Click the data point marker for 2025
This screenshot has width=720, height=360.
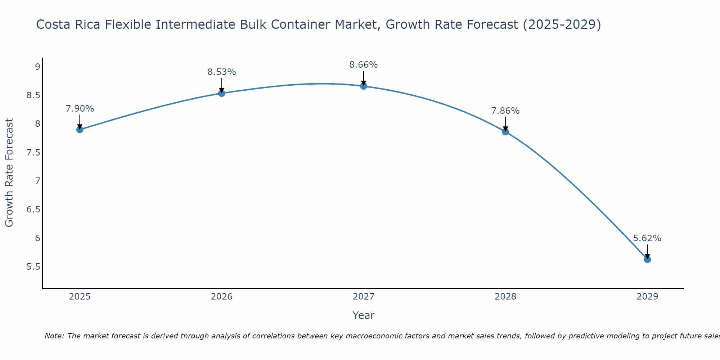[x=80, y=130]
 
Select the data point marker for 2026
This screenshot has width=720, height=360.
[x=222, y=93]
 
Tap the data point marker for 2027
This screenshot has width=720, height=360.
[x=364, y=86]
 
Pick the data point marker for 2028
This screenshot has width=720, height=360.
[x=505, y=132]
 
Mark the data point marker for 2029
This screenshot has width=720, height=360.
[x=647, y=260]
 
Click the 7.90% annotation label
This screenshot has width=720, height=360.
[x=80, y=109]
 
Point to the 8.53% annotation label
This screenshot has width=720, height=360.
[x=222, y=72]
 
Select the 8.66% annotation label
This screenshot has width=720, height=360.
[x=364, y=65]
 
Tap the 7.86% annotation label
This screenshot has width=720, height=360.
[x=505, y=111]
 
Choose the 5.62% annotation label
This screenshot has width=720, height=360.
[x=647, y=238]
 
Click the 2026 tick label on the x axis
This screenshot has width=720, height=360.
[x=222, y=297]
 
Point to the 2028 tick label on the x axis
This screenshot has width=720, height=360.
[x=505, y=297]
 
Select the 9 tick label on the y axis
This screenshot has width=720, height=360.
[x=37, y=67]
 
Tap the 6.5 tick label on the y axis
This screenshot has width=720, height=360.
[x=33, y=210]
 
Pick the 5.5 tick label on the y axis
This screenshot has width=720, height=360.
[x=33, y=267]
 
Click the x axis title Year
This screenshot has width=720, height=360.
[x=364, y=315]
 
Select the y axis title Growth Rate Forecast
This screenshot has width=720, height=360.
[x=9, y=173]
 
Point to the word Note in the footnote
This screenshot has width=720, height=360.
[x=54, y=336]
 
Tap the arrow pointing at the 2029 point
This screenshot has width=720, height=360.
[x=647, y=251]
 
